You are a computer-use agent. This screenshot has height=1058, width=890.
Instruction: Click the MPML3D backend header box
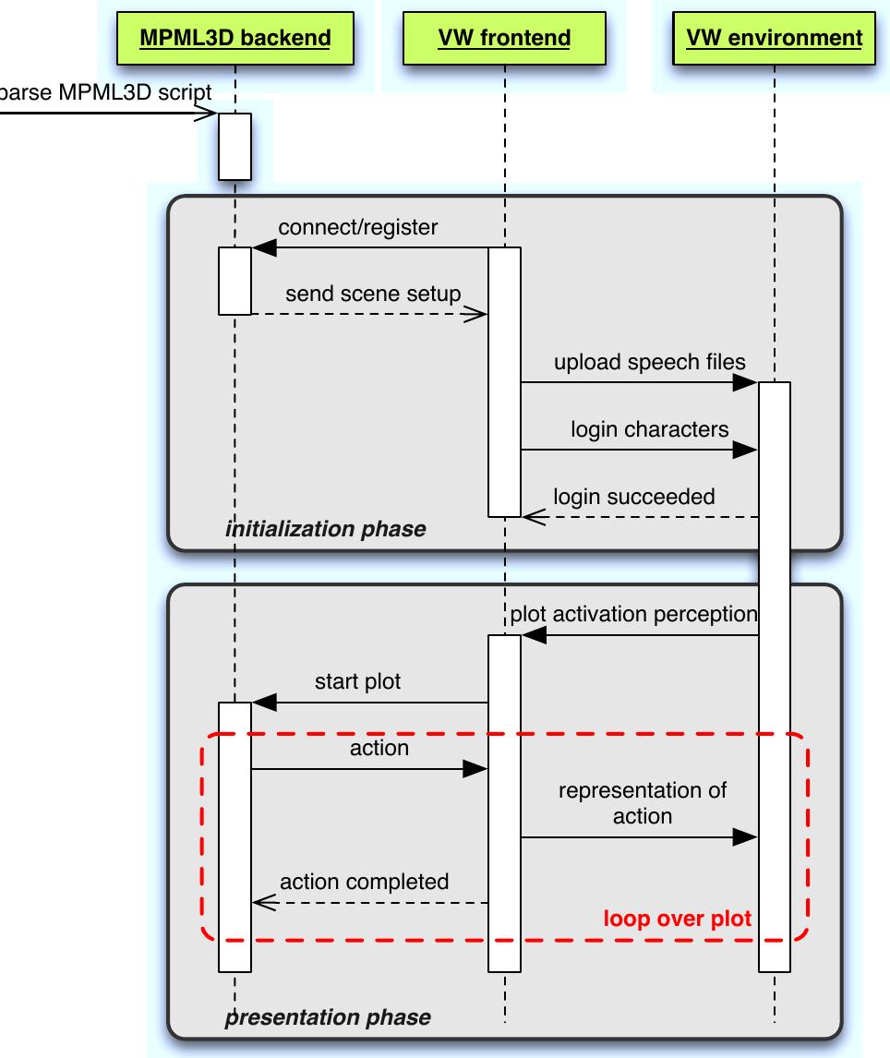pos(235,38)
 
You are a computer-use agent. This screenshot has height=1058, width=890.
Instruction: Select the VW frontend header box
pos(504,38)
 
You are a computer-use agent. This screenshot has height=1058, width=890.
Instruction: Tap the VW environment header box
pos(775,38)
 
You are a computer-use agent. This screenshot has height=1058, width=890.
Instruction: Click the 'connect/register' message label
pos(358,227)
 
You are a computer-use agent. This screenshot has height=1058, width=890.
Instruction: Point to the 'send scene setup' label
pos(373,295)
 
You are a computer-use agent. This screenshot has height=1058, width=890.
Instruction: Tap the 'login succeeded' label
pos(633,497)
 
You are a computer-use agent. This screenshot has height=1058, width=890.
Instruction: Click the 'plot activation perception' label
pos(633,614)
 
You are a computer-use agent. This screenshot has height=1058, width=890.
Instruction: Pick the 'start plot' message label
pos(358,682)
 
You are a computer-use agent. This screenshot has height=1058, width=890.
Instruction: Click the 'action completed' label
pos(365,882)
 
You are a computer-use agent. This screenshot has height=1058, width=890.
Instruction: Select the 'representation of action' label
pos(642,803)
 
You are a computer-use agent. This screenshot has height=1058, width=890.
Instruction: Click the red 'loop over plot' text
pos(677,919)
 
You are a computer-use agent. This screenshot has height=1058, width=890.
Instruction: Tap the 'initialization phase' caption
pos(325,529)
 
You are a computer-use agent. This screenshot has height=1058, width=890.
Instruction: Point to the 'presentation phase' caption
pos(328,1017)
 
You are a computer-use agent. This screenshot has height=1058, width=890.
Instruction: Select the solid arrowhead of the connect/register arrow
pos(264,247)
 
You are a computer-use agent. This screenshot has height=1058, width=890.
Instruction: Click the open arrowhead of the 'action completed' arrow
pos(264,903)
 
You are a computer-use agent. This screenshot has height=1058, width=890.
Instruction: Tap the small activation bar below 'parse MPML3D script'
pos(235,146)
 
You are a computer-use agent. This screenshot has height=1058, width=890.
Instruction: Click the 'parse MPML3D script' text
pos(105,92)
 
